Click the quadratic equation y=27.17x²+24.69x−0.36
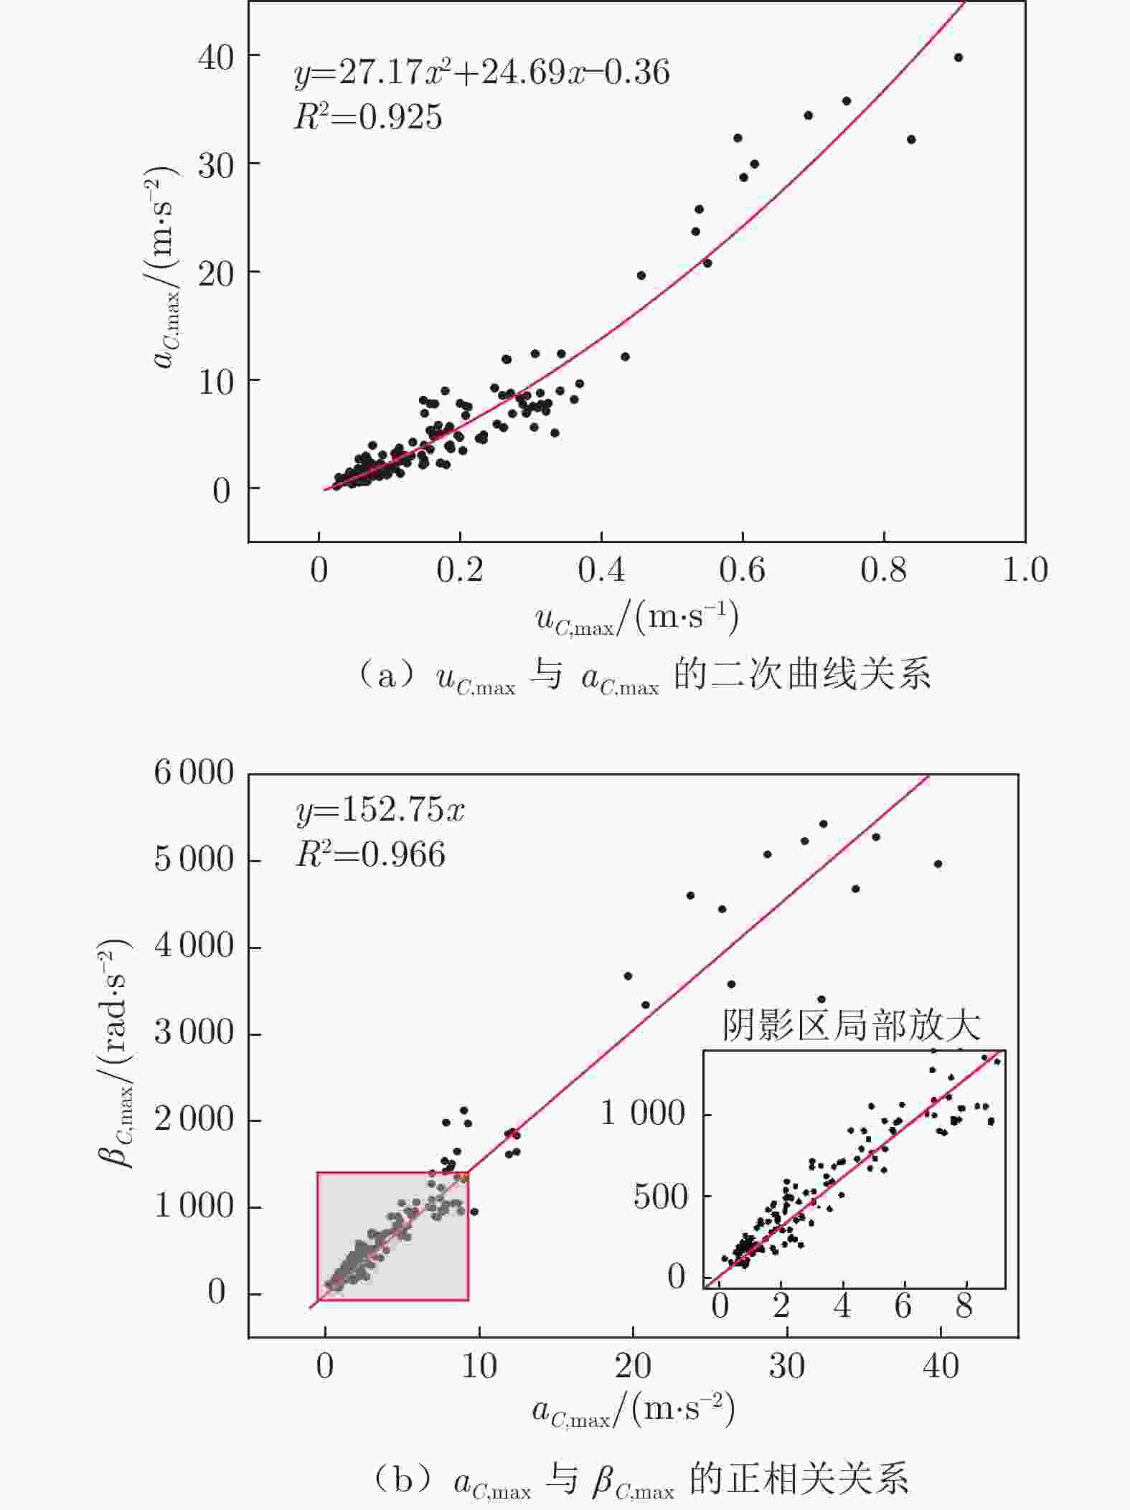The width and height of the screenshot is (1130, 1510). (x=481, y=72)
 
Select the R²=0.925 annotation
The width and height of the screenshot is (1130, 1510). (x=368, y=117)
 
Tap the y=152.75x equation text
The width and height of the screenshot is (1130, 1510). (x=380, y=810)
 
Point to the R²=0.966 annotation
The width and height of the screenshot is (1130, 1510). (x=370, y=854)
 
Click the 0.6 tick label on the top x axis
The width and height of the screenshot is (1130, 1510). (x=742, y=570)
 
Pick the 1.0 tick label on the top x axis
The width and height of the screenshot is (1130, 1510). (x=1025, y=570)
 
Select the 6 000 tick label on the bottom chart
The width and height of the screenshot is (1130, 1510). (x=194, y=773)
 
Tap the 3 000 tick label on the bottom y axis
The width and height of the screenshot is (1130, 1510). (x=194, y=1033)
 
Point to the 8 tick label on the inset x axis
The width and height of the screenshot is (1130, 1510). (x=964, y=1306)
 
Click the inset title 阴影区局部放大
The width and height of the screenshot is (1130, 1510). (x=851, y=1026)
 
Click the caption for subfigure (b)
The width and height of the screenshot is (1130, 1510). (x=641, y=1480)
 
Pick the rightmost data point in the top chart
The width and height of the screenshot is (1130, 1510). (x=958, y=58)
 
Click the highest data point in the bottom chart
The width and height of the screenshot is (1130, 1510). (x=823, y=824)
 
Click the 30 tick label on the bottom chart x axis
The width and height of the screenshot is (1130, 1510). (x=786, y=1367)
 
